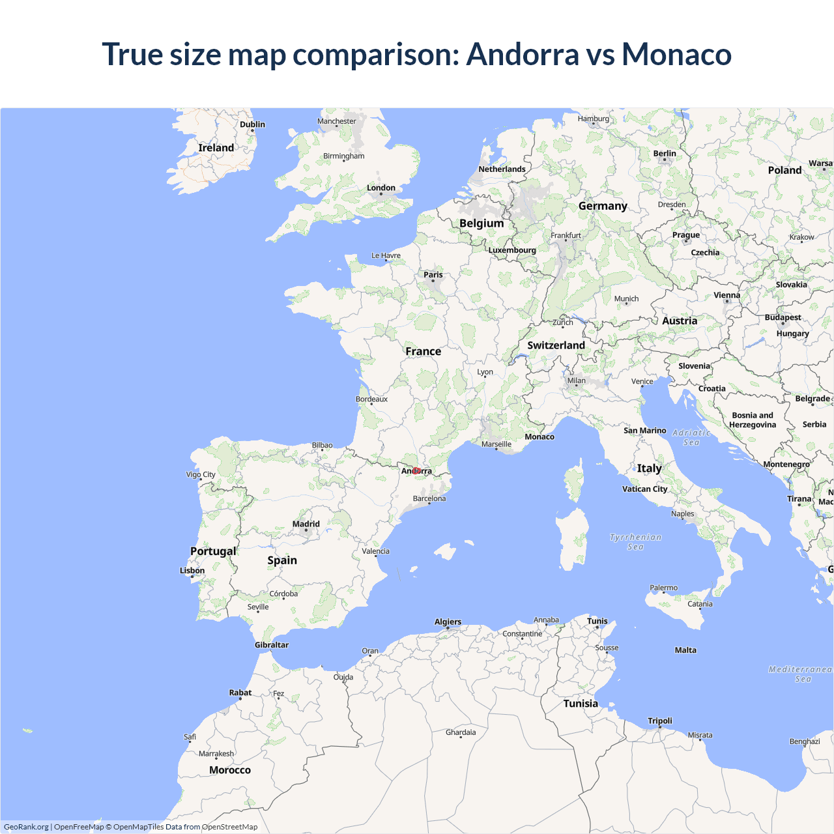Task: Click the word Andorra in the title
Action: point(523,54)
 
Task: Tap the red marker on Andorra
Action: point(416,470)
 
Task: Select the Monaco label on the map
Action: point(539,437)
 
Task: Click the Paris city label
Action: point(433,275)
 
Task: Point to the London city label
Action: point(381,188)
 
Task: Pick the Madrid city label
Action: point(306,524)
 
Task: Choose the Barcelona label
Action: point(429,498)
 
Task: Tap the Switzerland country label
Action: point(556,345)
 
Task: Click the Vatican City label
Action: point(645,489)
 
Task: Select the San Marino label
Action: point(645,430)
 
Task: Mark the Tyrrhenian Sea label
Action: point(635,542)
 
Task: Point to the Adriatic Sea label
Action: point(691,437)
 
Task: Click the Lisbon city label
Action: point(192,571)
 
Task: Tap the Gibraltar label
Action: point(272,644)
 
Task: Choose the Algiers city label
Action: point(448,622)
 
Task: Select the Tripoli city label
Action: point(660,721)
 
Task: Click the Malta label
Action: point(685,650)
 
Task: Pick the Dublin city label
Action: point(252,124)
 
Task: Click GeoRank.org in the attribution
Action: point(26,827)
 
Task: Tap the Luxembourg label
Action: point(512,250)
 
